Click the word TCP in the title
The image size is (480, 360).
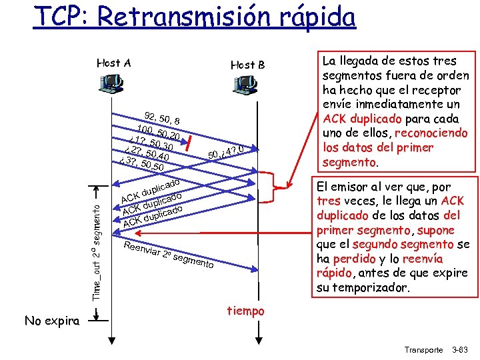(x=59, y=15)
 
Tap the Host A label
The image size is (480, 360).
(x=113, y=63)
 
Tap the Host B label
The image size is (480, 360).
(x=247, y=65)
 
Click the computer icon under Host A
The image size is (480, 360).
(x=112, y=83)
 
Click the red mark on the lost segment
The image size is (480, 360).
(x=190, y=142)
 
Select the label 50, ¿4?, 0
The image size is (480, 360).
(x=228, y=152)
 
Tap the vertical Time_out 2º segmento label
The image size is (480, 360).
(x=96, y=243)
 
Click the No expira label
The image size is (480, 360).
(x=52, y=321)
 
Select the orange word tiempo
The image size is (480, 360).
(x=245, y=311)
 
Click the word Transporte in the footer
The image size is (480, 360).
(x=425, y=349)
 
